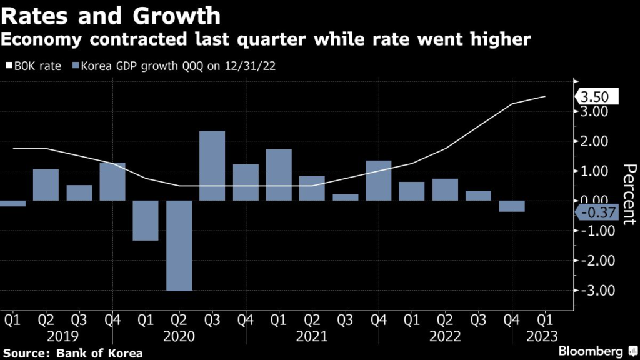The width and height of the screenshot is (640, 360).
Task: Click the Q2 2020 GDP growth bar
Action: [x=179, y=246]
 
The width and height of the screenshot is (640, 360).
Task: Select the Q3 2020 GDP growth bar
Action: [x=212, y=166]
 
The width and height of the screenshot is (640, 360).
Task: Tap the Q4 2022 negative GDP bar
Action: [x=512, y=206]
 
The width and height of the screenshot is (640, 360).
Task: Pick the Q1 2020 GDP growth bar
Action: [x=146, y=221]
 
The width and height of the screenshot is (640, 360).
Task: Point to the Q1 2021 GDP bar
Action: [x=279, y=175]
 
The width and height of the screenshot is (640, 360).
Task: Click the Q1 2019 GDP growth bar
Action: [x=12, y=203]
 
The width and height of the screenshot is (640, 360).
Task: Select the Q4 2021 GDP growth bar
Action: [x=379, y=181]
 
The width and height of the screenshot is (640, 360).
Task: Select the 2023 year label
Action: [x=546, y=337]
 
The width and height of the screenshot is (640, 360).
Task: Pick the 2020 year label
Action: [x=179, y=337]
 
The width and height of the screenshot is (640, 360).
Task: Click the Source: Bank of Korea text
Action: [x=72, y=353]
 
